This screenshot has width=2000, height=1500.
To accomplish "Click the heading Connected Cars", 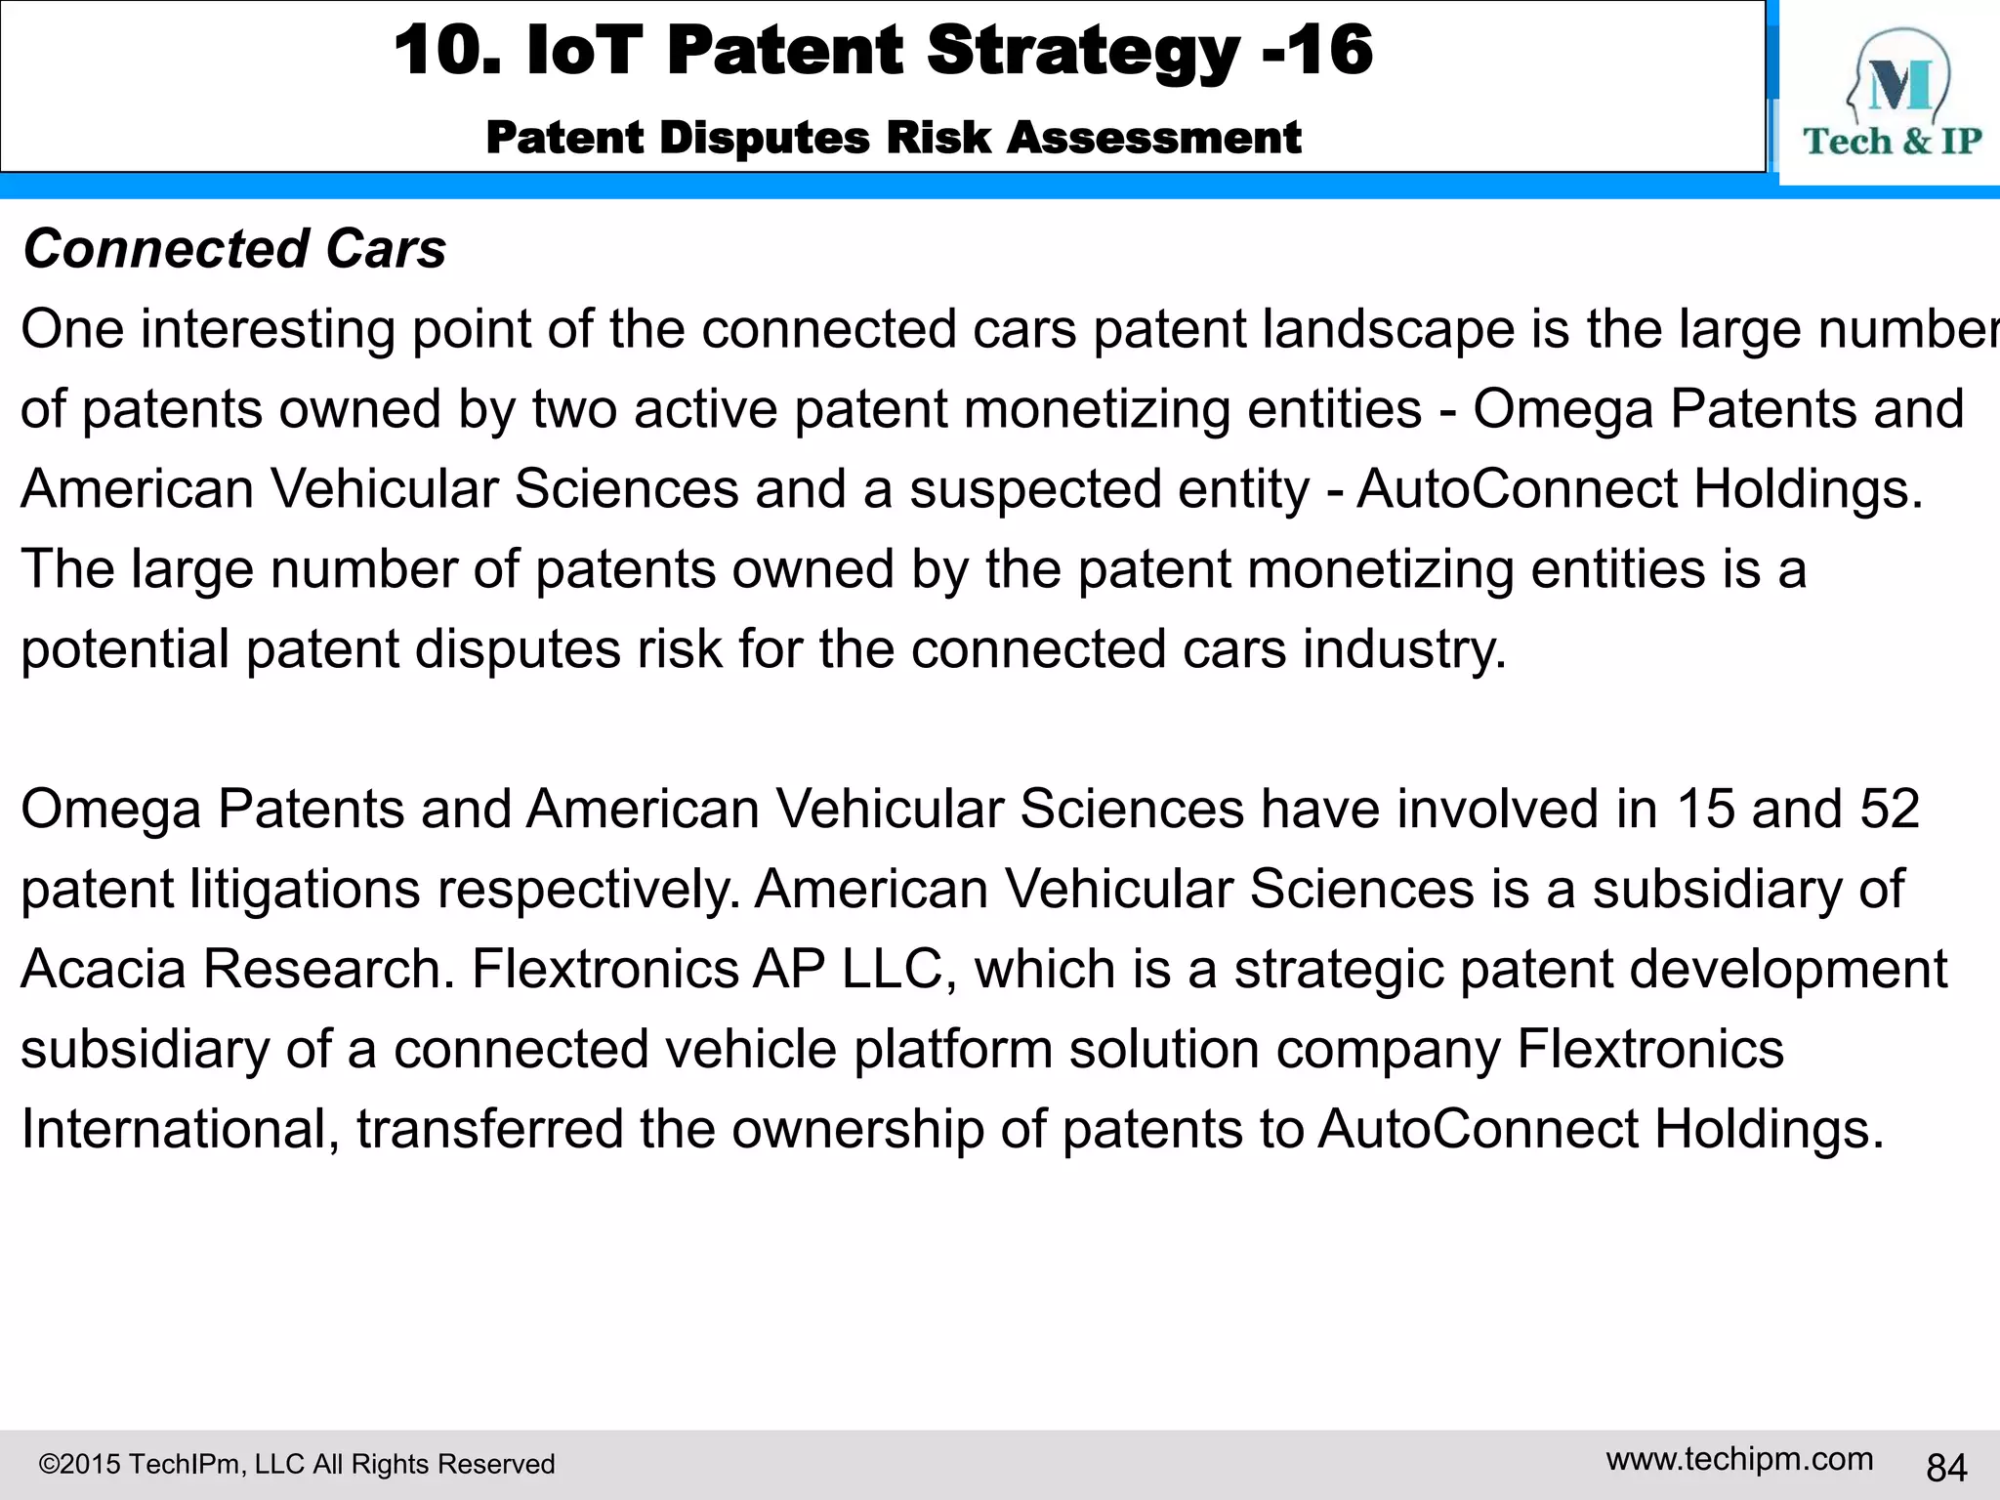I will (x=234, y=249).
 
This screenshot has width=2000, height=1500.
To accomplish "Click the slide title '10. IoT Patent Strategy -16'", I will (x=883, y=51).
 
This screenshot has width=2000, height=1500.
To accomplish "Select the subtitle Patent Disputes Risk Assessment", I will (x=893, y=138).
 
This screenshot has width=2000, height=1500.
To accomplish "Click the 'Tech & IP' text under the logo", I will (x=1892, y=142).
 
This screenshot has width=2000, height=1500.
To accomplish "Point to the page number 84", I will (x=1946, y=1467).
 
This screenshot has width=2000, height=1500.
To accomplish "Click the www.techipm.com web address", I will (x=1739, y=1459).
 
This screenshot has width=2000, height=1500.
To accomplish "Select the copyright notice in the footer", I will (x=297, y=1464).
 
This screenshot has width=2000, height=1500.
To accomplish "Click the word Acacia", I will (x=104, y=969).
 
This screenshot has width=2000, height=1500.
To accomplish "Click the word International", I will (x=180, y=1129).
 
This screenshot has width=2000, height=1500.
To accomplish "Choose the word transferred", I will (x=489, y=1129).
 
